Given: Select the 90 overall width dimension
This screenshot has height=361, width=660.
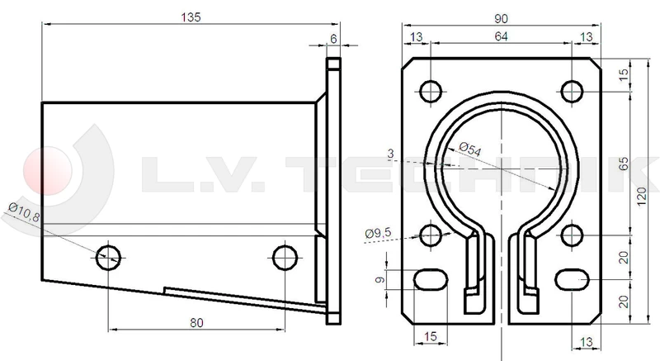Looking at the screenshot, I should (501, 17).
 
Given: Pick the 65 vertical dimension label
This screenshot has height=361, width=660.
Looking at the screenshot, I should (624, 164).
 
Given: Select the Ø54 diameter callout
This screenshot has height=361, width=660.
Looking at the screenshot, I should (469, 150).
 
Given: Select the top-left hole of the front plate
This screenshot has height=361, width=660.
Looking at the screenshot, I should (431, 89).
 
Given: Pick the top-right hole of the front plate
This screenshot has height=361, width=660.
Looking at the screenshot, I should (572, 89).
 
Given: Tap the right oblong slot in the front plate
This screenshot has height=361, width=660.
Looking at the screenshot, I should (572, 280).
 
